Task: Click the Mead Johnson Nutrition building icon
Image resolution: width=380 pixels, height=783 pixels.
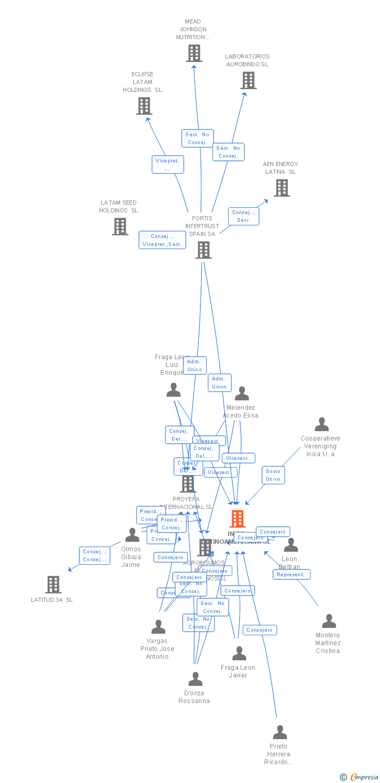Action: point(194,53)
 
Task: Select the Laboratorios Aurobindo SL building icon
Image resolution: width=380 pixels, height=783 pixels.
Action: point(248,80)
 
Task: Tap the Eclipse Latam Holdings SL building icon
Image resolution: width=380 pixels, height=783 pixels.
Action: point(144,106)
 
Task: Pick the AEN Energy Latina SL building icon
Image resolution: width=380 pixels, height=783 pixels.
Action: point(282,188)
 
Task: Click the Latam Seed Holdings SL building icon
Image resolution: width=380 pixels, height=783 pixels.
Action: point(120,227)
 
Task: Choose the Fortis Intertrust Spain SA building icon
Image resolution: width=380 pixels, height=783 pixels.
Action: point(203,250)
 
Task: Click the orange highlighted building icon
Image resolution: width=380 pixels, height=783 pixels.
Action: point(238,519)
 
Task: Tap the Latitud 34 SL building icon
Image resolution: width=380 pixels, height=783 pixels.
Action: point(53,585)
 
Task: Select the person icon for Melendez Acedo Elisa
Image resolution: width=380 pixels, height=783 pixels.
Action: point(242,394)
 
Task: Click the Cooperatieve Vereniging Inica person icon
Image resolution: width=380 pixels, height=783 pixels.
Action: point(322,424)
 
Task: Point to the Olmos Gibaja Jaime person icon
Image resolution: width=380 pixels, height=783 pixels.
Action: point(133,535)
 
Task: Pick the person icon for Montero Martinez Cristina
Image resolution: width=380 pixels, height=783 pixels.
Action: point(329,621)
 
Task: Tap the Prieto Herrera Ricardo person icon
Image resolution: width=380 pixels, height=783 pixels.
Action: point(280,732)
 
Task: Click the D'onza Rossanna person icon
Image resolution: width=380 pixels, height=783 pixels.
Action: point(195,679)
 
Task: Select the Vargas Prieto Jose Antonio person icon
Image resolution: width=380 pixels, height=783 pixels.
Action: point(158,627)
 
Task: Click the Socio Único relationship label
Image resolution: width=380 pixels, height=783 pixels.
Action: point(273,475)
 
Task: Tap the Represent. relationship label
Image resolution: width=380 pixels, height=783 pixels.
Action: point(291,574)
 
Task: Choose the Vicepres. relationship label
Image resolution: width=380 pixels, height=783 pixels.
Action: point(168,164)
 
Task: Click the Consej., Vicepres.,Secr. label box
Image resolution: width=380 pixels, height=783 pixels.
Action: point(162,240)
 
